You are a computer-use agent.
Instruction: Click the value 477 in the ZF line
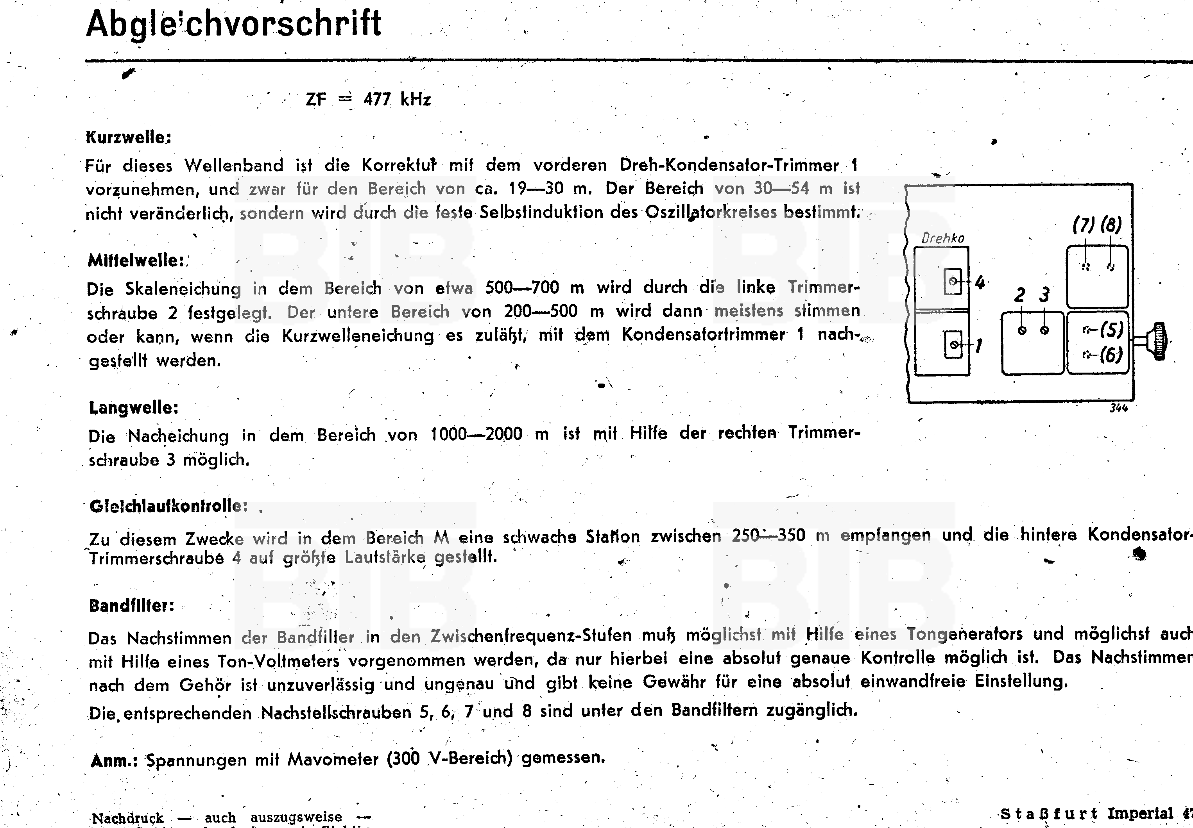[x=377, y=99]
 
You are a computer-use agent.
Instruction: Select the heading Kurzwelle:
[x=128, y=138]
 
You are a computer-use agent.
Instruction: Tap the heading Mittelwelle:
[x=136, y=261]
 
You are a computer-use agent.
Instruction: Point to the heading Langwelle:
[x=133, y=408]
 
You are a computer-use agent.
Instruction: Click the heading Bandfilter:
[x=132, y=606]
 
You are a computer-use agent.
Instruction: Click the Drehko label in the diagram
[x=942, y=239]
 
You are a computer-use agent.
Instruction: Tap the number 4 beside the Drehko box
[x=980, y=283]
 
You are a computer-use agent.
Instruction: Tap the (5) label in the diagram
[x=1111, y=329]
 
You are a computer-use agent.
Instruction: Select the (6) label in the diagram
[x=1111, y=355]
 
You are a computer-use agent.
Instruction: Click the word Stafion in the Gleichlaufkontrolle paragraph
[x=613, y=536]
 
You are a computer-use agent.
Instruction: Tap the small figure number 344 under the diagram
[x=1119, y=408]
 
